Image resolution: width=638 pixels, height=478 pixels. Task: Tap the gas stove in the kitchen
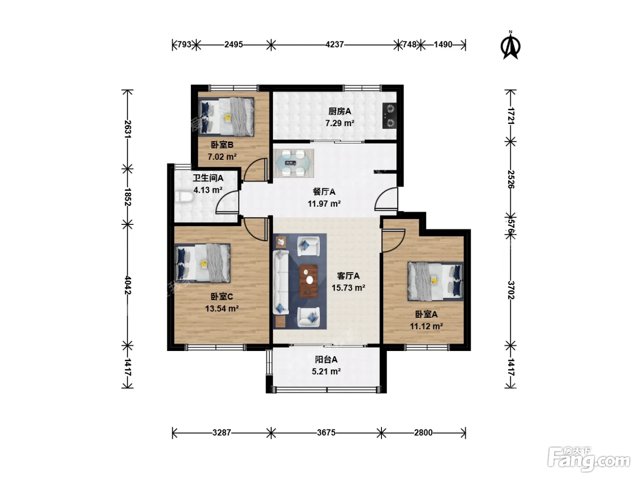(390, 116)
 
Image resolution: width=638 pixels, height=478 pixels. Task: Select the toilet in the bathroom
(184, 197)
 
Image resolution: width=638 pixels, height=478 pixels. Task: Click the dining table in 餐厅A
(293, 163)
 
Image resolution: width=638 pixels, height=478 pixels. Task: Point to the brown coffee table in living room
(309, 281)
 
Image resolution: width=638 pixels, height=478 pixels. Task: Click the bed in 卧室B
(226, 117)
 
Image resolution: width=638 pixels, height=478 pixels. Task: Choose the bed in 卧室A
(435, 281)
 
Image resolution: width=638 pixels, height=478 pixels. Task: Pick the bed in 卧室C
(203, 263)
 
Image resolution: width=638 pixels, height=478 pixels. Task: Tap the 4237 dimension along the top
(334, 45)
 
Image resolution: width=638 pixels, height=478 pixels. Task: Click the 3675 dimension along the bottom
(326, 433)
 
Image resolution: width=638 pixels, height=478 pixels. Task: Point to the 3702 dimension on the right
(511, 290)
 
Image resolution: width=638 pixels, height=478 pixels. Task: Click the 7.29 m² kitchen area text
(340, 123)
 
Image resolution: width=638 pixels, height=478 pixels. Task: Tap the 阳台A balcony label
(326, 360)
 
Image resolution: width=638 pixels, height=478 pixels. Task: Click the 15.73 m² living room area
(348, 288)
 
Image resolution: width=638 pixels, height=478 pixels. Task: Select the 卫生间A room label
(208, 178)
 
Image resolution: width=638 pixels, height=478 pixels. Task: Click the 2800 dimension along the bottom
(423, 433)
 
